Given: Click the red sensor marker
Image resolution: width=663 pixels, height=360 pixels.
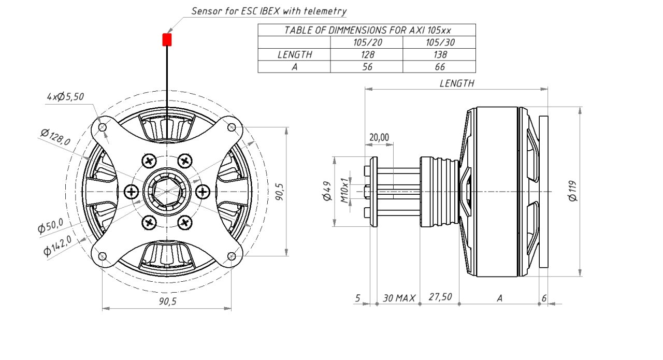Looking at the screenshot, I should (167, 40).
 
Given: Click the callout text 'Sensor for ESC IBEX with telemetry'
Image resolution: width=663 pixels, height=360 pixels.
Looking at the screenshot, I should (269, 11).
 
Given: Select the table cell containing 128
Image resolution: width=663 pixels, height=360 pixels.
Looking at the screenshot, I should (367, 54).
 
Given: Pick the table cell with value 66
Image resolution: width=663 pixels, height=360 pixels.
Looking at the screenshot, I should (439, 66).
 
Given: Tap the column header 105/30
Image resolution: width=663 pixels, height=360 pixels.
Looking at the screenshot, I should (439, 42).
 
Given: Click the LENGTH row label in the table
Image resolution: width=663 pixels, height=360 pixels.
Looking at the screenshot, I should (294, 54).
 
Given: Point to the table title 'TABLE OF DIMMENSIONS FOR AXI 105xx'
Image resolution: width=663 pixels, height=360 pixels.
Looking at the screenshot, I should (367, 30).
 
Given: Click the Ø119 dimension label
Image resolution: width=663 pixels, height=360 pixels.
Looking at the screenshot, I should (572, 191).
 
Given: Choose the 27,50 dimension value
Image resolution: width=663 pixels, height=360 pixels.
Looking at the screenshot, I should (440, 297).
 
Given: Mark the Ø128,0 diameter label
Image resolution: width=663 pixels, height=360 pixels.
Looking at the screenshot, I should (56, 138).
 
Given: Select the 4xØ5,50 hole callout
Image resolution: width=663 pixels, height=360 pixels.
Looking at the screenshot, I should (65, 96).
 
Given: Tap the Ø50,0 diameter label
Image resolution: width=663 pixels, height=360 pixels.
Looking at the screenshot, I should (51, 227).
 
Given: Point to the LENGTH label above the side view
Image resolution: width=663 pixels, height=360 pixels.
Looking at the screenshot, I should (456, 83).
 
